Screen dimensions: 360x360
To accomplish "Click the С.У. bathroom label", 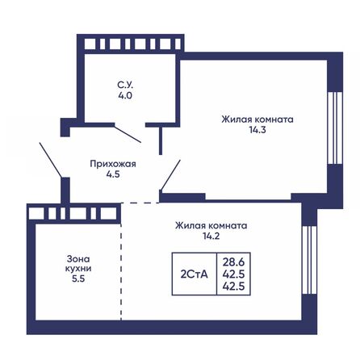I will click(x=123, y=83).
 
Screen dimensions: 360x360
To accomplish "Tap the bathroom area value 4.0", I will click(x=123, y=94).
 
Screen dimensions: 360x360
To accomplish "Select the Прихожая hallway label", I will click(x=112, y=163).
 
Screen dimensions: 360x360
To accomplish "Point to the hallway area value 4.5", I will click(x=112, y=174).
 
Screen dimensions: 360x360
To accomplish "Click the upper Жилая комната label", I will click(x=257, y=119).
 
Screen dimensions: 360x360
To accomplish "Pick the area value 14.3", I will click(x=257, y=130).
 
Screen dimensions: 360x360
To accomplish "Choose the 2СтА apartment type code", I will click(x=195, y=274).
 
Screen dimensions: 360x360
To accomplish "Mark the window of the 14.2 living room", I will click(x=307, y=262).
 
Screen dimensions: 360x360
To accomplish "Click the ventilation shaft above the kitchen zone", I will click(x=69, y=211).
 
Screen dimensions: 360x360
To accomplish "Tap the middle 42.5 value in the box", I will click(x=235, y=274).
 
